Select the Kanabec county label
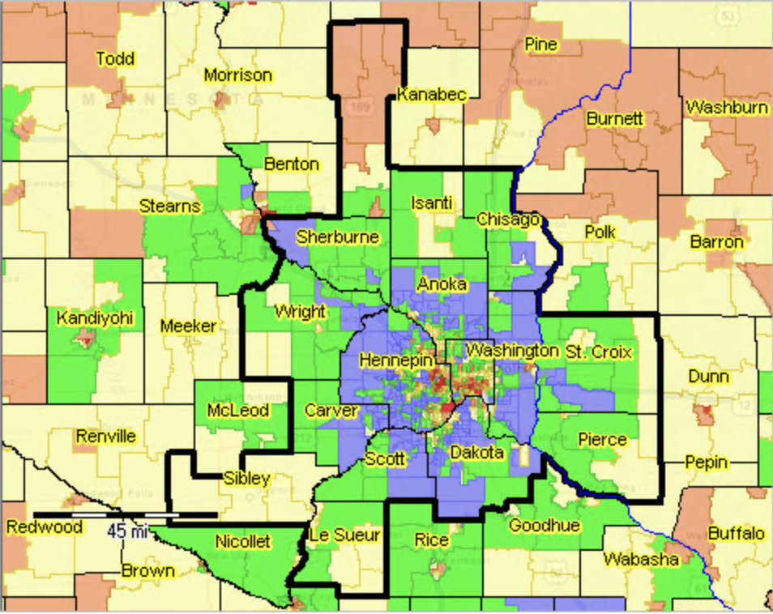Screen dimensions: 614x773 coord(431,95)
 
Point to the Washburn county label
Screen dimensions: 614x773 coord(726,107)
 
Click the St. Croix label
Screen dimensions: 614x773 coord(599,352)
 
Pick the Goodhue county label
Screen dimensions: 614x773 coord(544,525)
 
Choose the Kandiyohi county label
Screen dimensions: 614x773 coord(95,318)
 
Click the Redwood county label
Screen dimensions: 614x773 coord(45,527)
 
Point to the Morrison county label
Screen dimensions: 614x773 coord(237,75)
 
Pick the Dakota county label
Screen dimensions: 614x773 coord(478,451)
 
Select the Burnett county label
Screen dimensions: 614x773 coord(614,119)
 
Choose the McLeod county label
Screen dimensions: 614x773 coord(237,411)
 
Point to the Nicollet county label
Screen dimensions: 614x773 coord(242,541)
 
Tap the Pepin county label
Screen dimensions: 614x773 coord(706,463)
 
